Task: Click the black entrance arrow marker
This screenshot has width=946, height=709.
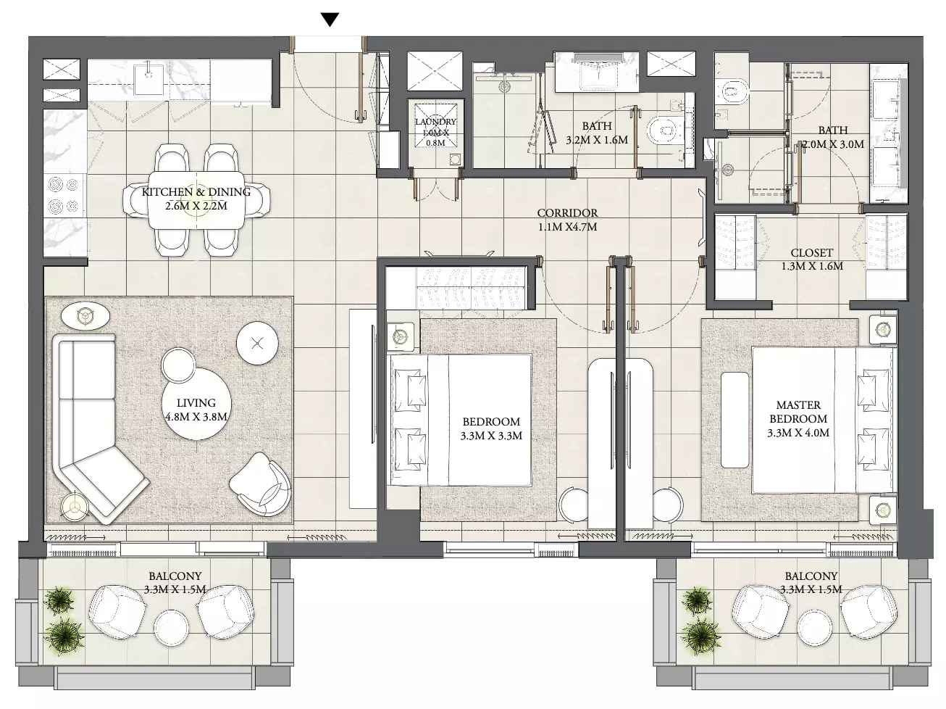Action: (x=330, y=20)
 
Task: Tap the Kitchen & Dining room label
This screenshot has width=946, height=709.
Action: (x=196, y=192)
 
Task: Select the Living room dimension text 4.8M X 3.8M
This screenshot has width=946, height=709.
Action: (x=196, y=417)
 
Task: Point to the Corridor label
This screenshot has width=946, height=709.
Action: (x=568, y=213)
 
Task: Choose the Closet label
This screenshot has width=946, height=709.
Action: (x=812, y=253)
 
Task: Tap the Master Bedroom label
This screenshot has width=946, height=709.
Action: (x=798, y=412)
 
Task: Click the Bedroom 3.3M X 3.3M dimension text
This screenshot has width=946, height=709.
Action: (x=491, y=436)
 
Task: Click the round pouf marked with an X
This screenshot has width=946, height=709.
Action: (x=257, y=344)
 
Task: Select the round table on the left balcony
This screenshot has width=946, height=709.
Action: (x=171, y=626)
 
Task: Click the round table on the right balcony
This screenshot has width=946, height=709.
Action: (x=815, y=626)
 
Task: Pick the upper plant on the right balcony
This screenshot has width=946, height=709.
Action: (x=695, y=600)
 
